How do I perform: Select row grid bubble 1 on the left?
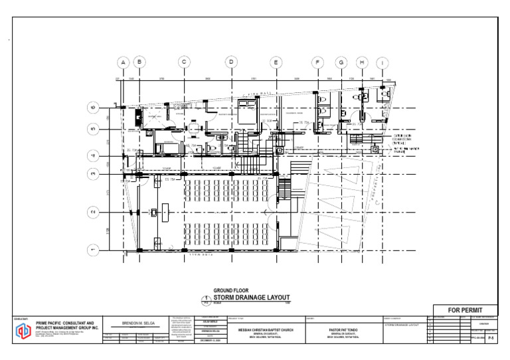click(94, 250)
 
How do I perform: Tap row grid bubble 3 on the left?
click(94, 173)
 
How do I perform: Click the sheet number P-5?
click(491, 338)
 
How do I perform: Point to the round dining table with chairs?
click(193, 128)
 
